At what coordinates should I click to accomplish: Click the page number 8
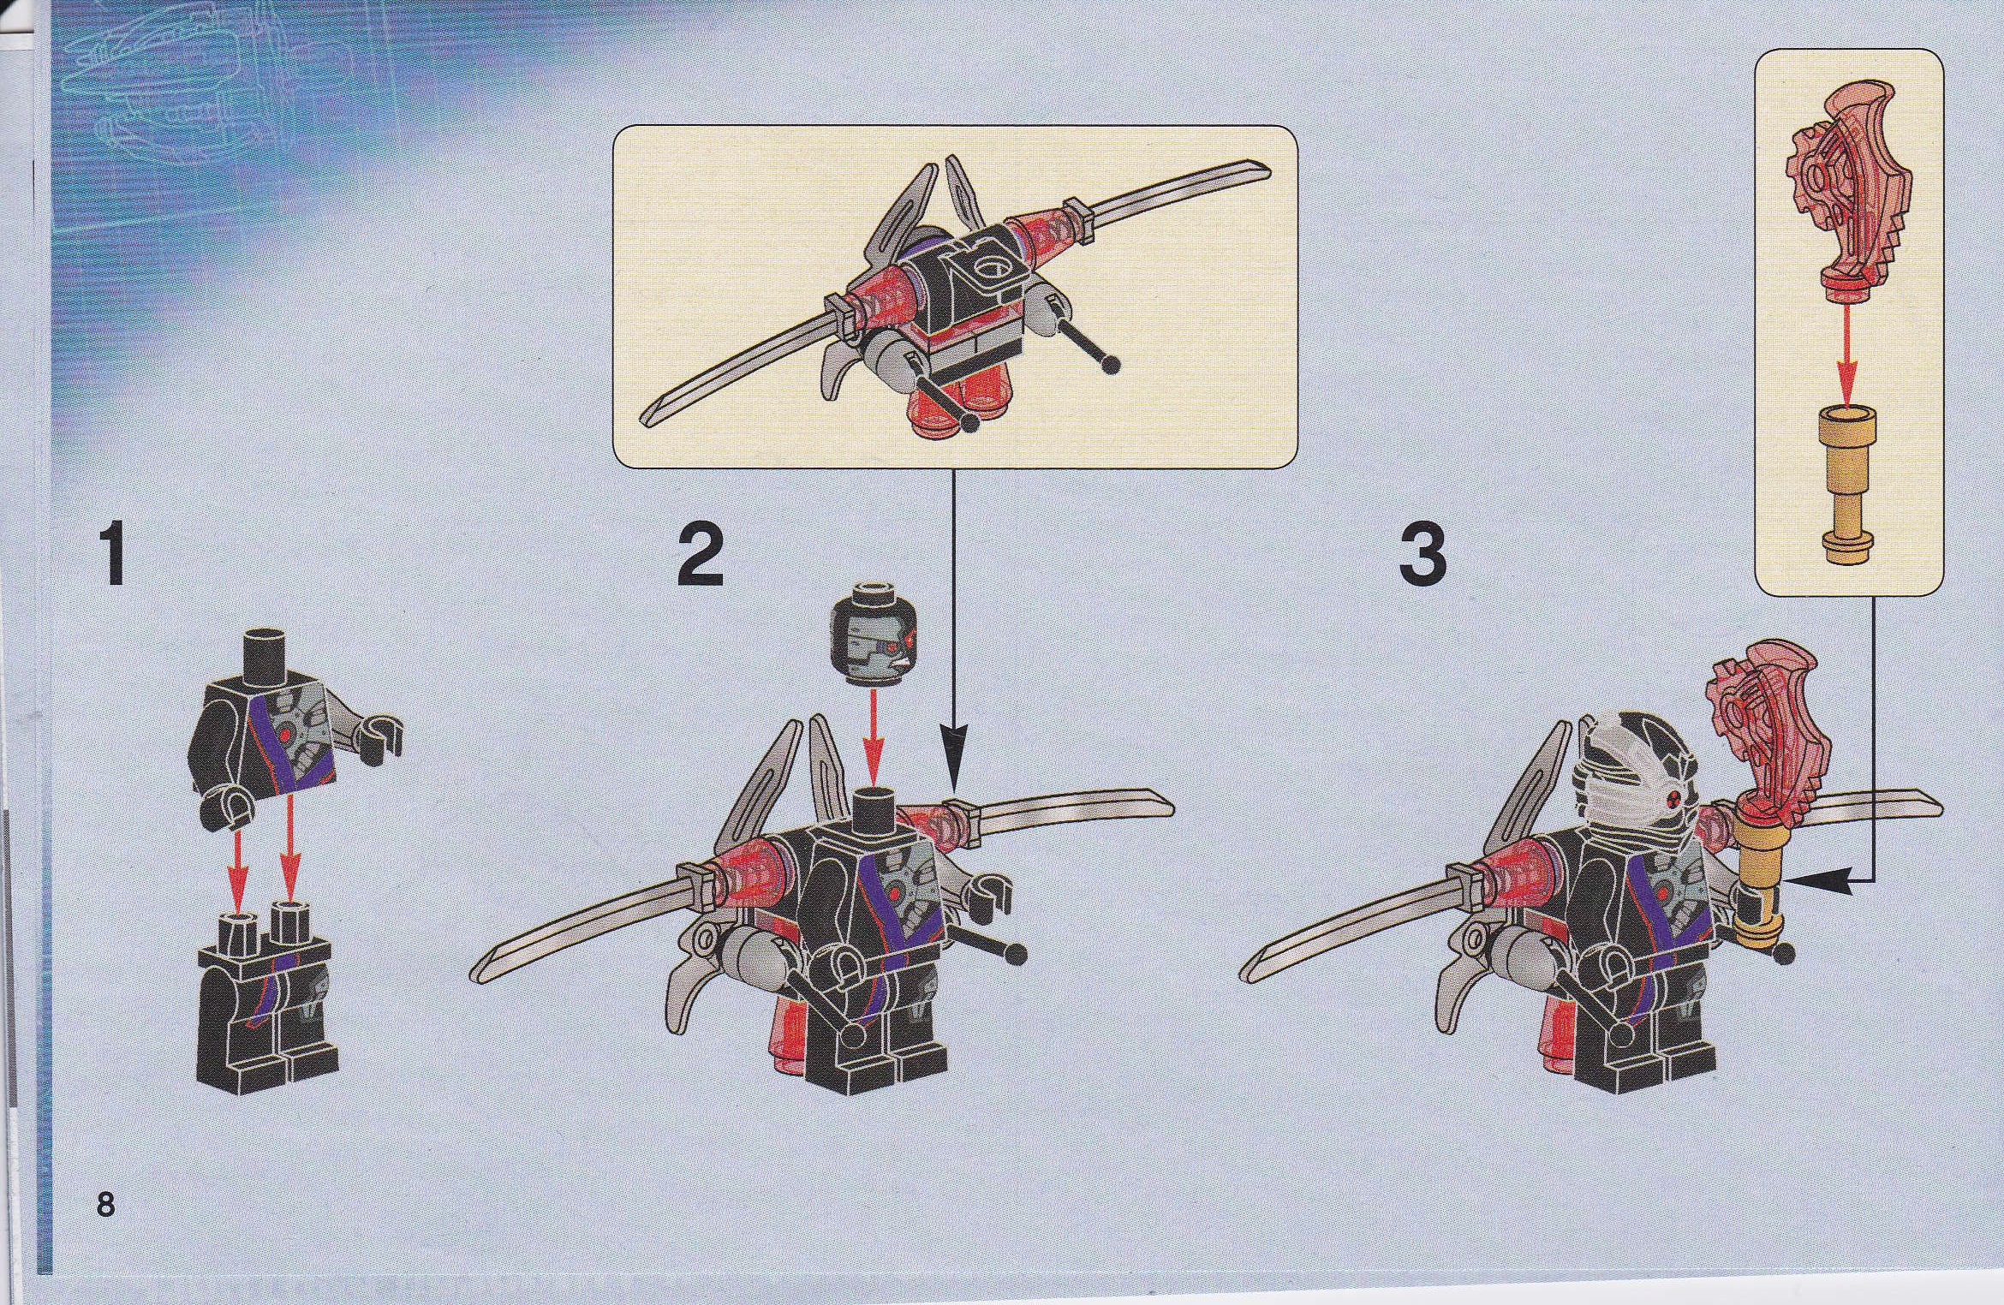click(x=104, y=1205)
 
